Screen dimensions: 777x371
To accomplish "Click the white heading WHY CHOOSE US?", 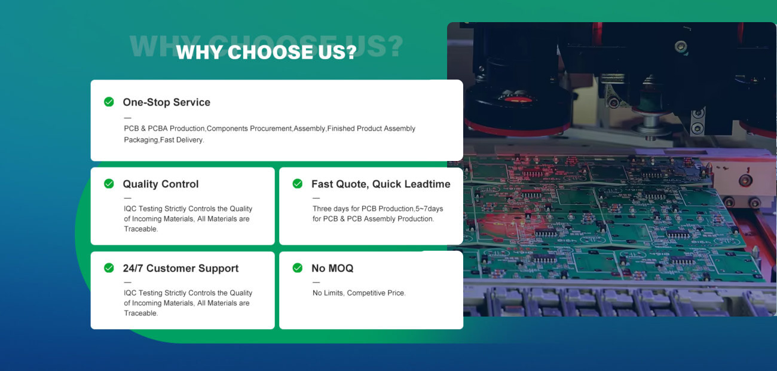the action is tap(266, 52).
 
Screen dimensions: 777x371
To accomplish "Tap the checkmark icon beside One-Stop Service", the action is tap(109, 102).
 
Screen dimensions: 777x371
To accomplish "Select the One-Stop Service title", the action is tap(167, 102).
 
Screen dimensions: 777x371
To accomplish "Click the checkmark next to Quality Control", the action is tap(109, 184).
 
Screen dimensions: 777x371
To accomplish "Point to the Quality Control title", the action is tap(161, 184).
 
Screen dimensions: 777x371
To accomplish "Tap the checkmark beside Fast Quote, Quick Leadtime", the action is tap(298, 184).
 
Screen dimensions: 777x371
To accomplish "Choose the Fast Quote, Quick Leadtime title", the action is tap(381, 184).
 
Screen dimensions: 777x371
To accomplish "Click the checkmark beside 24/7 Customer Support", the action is tap(109, 268).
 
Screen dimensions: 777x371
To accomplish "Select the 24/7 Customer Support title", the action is tap(181, 268).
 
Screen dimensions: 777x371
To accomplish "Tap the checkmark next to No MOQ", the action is tap(298, 268).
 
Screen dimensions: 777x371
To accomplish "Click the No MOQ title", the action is tap(332, 268).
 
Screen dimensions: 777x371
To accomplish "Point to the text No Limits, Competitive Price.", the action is tap(359, 293).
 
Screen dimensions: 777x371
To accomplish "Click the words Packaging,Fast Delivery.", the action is tap(164, 139).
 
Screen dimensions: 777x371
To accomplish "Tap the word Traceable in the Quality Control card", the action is tap(140, 229).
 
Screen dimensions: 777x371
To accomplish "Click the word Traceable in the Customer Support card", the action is tap(140, 313).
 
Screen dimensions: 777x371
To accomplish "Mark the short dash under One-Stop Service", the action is tap(128, 118).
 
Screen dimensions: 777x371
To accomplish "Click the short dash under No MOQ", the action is tap(316, 282).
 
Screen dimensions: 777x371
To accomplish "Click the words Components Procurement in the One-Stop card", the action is tap(249, 129).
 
